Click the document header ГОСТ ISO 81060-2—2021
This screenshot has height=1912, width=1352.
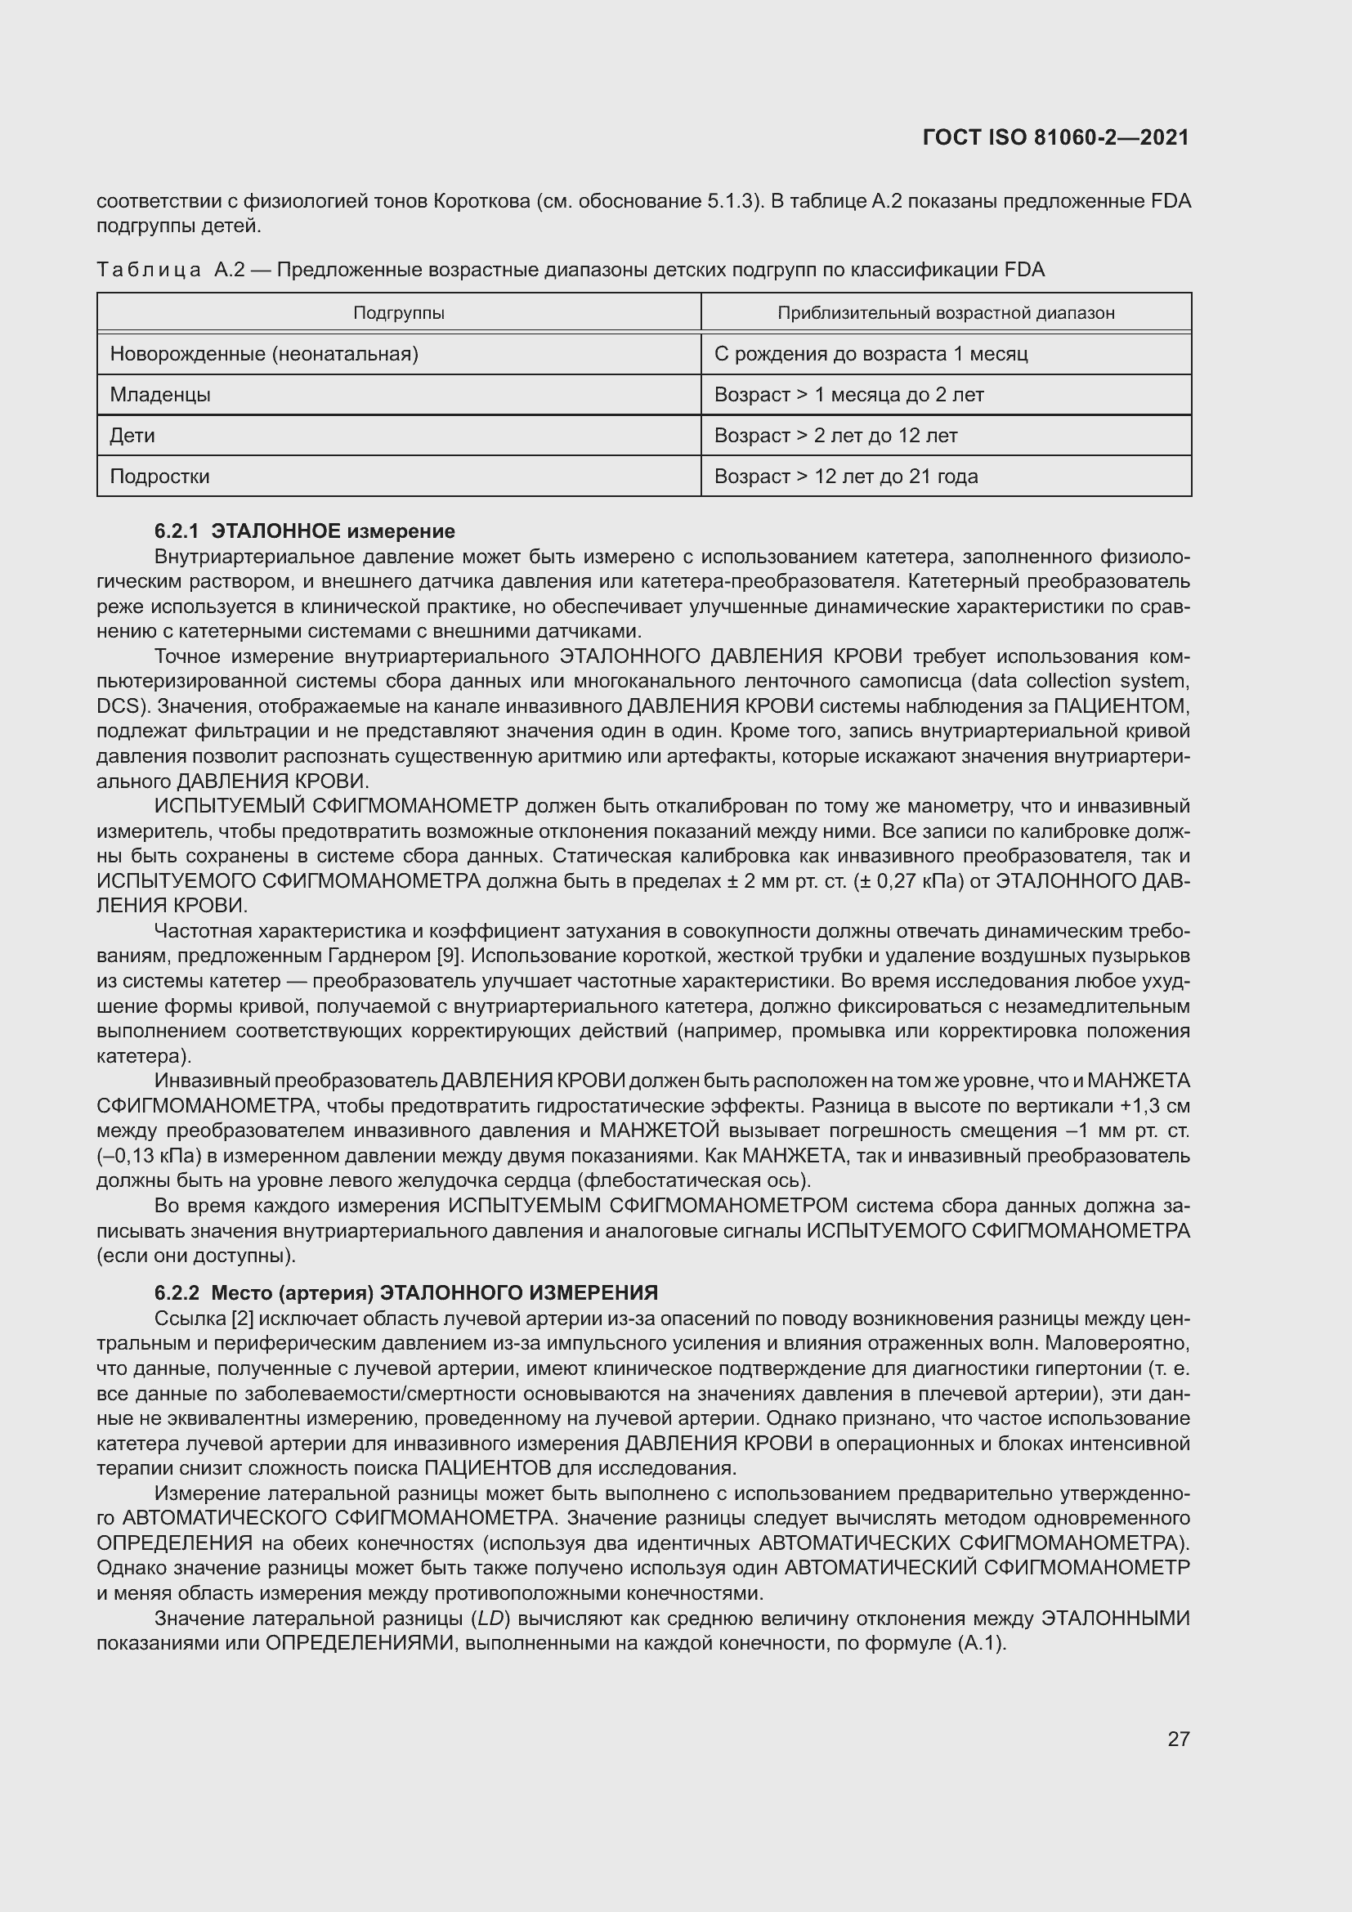tap(1055, 137)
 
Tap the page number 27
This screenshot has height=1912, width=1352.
tap(1178, 1739)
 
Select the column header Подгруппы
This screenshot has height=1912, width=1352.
tap(399, 313)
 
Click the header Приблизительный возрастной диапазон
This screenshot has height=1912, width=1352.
tap(946, 313)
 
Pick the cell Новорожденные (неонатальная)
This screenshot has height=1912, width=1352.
tap(264, 354)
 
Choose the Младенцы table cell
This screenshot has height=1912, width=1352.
tap(160, 395)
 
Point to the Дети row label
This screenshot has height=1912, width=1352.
tap(132, 436)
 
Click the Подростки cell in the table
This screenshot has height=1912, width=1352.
tap(160, 477)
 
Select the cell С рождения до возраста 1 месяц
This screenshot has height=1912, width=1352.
tap(871, 354)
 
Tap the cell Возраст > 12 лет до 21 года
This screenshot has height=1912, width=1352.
tap(846, 477)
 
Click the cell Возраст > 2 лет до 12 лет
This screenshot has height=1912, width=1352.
tap(836, 436)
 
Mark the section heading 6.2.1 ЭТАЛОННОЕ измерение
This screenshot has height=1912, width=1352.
tap(305, 531)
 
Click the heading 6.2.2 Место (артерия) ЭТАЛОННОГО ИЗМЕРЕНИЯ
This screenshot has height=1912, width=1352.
tap(406, 1292)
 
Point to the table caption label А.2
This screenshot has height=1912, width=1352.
tap(229, 270)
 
